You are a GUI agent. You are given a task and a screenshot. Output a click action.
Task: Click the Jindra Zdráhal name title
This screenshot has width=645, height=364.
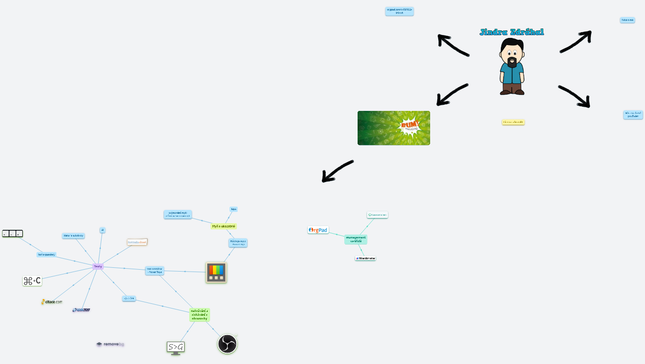[512, 32]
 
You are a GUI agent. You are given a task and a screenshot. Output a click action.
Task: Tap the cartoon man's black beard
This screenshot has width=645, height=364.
[512, 63]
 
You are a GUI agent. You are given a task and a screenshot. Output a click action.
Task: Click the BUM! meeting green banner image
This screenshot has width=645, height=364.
[394, 128]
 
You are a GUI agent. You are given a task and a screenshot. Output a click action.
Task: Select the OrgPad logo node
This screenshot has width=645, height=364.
[318, 230]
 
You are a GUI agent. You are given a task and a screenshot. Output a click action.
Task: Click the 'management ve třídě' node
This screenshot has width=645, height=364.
[356, 239]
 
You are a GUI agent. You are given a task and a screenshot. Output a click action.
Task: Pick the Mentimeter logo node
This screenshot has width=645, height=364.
[365, 258]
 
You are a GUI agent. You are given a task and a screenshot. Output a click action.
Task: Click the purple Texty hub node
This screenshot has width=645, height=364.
[98, 266]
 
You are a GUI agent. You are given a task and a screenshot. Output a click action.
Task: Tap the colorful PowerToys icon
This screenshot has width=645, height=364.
[216, 273]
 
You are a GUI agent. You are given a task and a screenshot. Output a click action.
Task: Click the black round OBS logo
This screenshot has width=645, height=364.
[228, 344]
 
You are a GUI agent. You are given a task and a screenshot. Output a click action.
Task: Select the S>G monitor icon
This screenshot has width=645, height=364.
[175, 347]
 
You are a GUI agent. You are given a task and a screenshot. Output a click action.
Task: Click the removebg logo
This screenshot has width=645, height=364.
[111, 344]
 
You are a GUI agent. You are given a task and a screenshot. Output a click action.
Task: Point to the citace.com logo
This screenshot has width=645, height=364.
[52, 301]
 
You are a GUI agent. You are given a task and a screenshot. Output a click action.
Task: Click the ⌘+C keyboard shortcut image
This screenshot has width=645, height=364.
[32, 281]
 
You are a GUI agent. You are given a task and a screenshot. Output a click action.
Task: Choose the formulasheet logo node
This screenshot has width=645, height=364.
[138, 242]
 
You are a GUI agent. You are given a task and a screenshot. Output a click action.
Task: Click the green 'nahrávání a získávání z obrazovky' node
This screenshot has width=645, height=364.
[199, 314]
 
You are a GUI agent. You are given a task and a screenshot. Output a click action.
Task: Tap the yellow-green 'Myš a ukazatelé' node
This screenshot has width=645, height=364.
[223, 226]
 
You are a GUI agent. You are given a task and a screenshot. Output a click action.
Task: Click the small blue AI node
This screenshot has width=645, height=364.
[102, 230]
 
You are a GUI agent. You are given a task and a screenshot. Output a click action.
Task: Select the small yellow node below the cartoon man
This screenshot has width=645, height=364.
[513, 122]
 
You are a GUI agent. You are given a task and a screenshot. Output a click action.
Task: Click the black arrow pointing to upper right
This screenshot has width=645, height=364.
[576, 41]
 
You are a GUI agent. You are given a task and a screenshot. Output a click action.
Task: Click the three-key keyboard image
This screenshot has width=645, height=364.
[12, 233]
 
